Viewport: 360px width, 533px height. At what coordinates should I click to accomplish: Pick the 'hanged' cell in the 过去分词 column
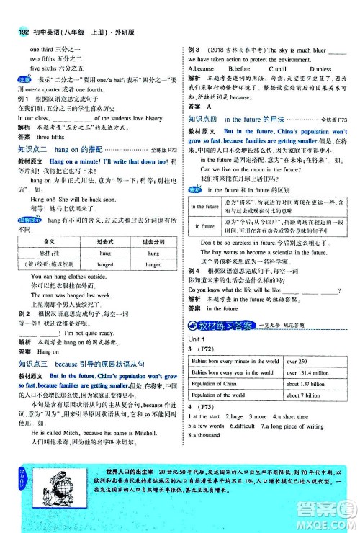pos(153,264)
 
